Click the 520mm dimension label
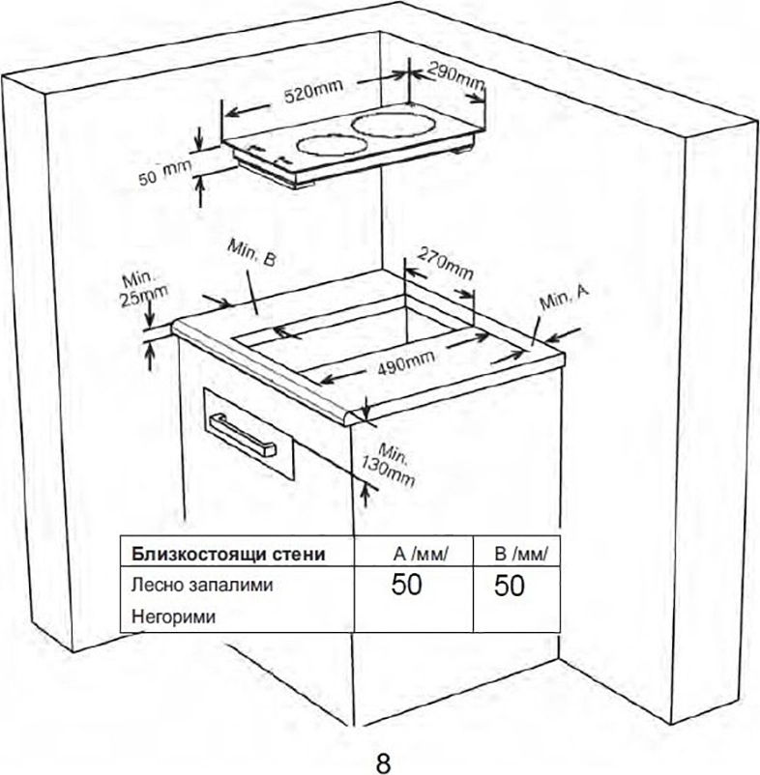pos(313,92)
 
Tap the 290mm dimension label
pos(455,77)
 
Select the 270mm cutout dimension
pos(446,264)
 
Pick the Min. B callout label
pos(251,253)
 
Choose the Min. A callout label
pos(564,297)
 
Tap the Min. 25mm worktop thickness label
pos(144,289)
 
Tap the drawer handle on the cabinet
pos(243,436)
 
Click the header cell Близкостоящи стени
pos(228,554)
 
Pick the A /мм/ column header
pos(421,554)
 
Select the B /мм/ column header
pos(521,554)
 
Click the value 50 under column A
pos(406,585)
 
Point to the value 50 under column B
pos(509,586)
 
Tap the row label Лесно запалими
pos(202,586)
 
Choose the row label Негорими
pos(173,617)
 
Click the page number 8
pos(383,763)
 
